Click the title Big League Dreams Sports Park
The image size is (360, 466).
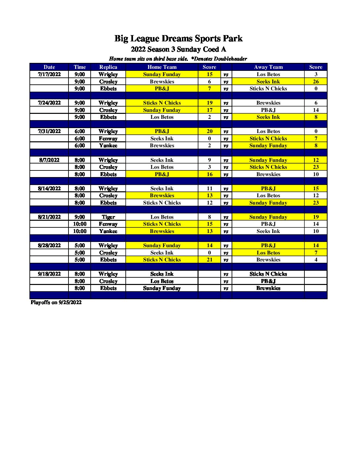pos(178,39)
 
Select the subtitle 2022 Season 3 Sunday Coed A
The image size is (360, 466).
pos(178,49)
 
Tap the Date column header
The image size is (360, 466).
pos(49,67)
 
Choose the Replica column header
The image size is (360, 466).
pos(108,67)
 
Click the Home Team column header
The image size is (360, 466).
pos(162,67)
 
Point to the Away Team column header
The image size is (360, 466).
pos(268,67)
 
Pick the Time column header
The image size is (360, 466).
pos(79,67)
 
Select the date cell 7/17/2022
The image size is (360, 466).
pos(49,74)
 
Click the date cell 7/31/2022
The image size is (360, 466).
pos(49,131)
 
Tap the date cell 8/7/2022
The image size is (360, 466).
pos(49,160)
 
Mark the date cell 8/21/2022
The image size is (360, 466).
pos(49,217)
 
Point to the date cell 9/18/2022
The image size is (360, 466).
pos(49,274)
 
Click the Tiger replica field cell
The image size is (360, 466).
pos(108,217)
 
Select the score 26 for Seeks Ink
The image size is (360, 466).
pos(316,81)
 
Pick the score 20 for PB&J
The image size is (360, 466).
pos(209,131)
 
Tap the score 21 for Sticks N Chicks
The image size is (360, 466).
pos(209,259)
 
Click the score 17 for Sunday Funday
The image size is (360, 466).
pos(209,110)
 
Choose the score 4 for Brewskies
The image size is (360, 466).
pos(316,259)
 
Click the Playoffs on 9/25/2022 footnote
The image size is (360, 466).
pos(56,302)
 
